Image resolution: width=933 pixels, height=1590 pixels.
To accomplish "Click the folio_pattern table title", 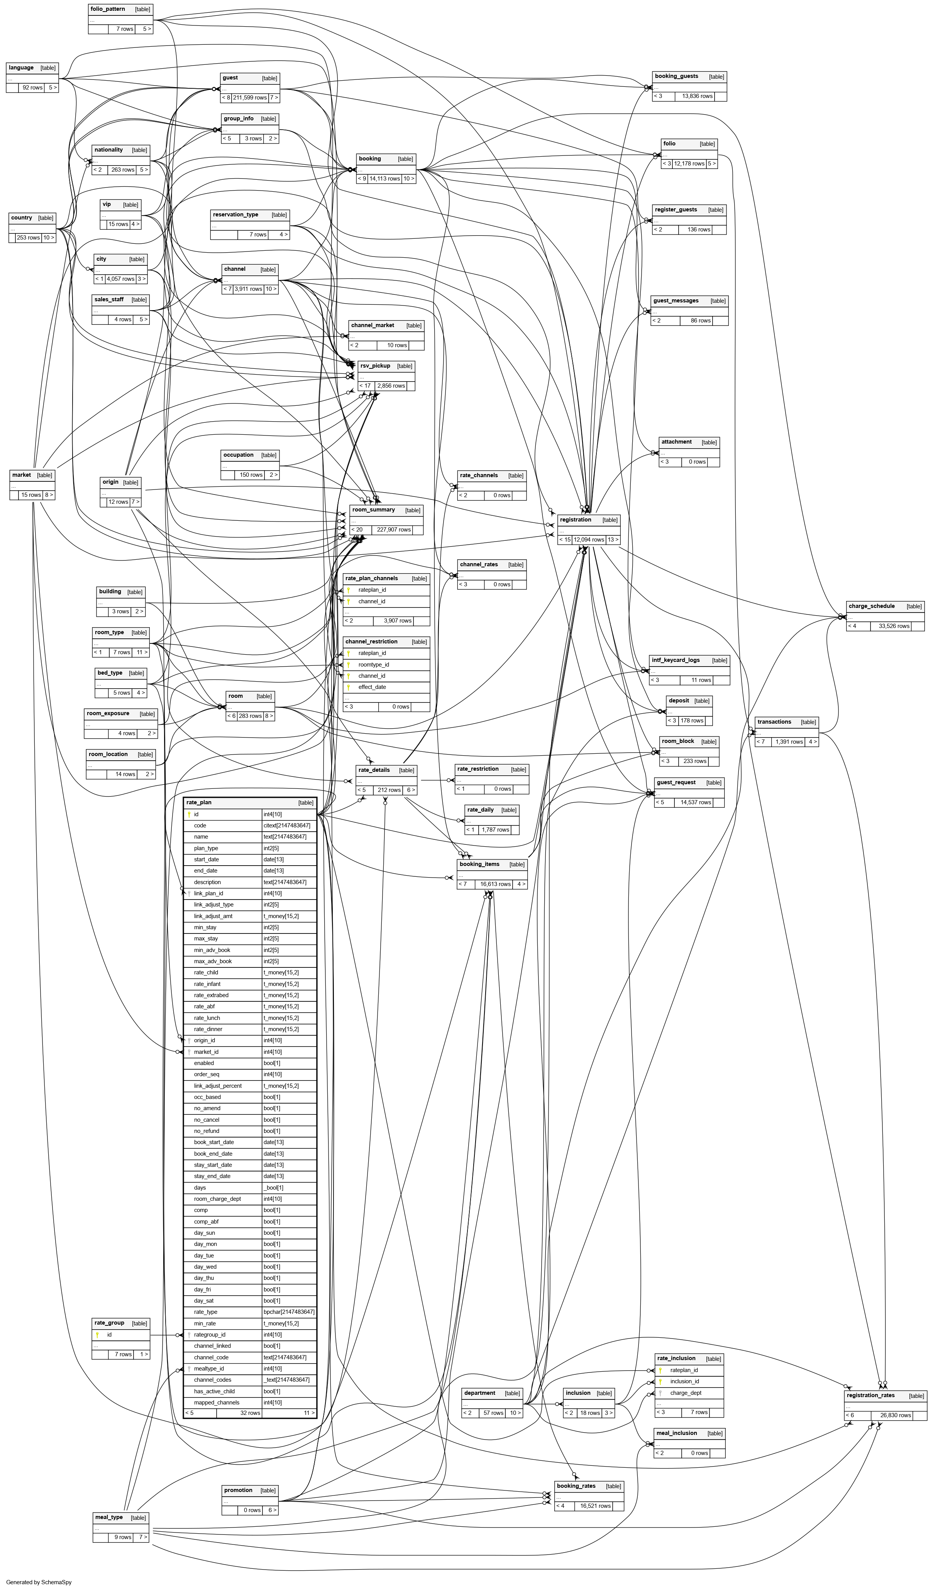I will (108, 10).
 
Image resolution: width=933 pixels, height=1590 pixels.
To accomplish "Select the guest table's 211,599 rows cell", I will (250, 98).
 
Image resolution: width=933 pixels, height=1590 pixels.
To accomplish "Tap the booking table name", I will (370, 159).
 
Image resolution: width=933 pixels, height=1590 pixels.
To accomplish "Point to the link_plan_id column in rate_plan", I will (208, 893).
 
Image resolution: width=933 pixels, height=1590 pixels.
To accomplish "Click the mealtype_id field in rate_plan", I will (209, 1369).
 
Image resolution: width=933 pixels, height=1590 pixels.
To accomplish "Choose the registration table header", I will (575, 520).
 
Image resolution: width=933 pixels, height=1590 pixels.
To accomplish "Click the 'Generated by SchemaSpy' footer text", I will (39, 1582).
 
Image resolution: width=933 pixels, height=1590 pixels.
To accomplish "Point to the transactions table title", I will (774, 722).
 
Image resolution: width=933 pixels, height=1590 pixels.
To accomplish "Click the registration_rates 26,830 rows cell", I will (895, 1415).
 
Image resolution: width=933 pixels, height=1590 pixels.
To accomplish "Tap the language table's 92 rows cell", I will (32, 88).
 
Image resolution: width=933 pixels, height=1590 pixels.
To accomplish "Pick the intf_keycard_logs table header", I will (676, 660).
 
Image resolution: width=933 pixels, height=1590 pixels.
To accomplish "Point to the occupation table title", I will (239, 455).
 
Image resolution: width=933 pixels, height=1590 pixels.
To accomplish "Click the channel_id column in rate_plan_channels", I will (372, 601).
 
